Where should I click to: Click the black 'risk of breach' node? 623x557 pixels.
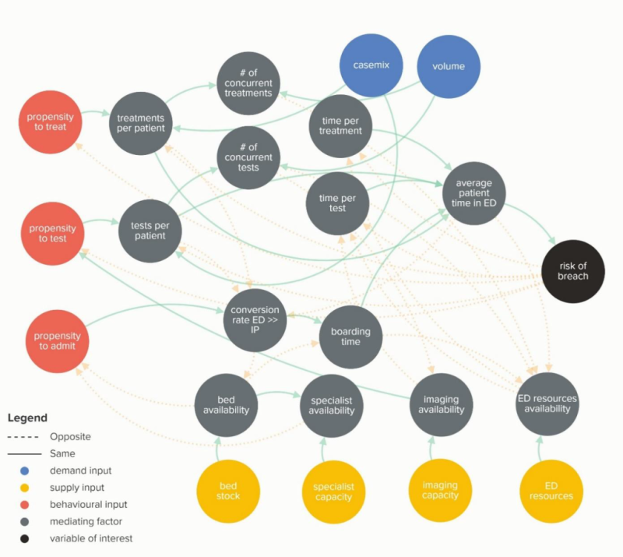pos(573,271)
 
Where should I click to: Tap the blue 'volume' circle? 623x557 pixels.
pos(448,66)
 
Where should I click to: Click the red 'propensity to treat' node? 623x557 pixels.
pos(50,122)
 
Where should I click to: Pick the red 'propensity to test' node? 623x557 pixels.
pos(53,233)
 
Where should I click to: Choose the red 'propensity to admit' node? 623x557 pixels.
pos(57,341)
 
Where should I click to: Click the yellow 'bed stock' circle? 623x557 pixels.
pos(227,491)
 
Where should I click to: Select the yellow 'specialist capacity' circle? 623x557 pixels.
pos(334,492)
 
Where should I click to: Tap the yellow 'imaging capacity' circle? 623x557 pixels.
pos(440,490)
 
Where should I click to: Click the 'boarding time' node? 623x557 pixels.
pos(350,337)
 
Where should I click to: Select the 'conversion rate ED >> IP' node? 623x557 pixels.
pos(255,319)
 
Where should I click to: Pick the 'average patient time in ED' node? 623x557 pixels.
pos(474,193)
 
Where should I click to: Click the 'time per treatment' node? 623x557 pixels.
pos(340,125)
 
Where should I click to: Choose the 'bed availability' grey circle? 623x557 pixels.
pos(226,405)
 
